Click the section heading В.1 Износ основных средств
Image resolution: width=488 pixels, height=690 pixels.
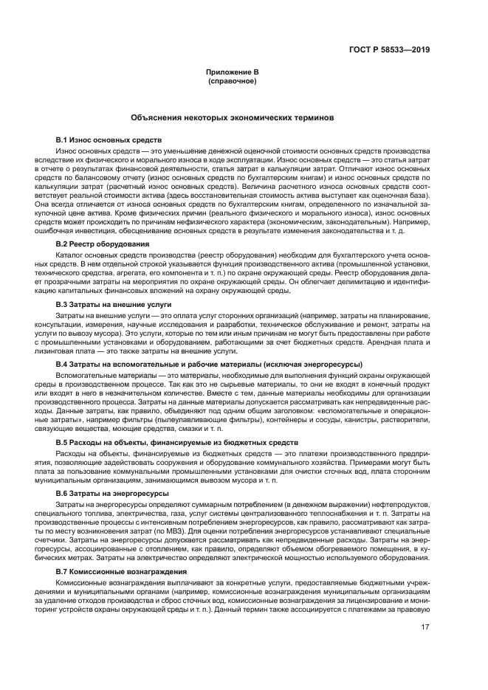(109, 139)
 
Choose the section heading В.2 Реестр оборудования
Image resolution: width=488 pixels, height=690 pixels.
(103, 244)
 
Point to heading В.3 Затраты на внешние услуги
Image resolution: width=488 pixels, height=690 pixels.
(114, 304)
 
